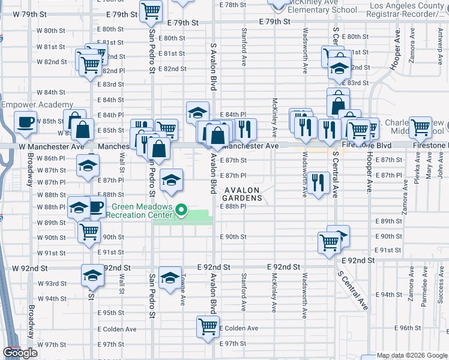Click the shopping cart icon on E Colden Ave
click(207, 328)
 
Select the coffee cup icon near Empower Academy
click(25, 122)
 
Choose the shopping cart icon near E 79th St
click(151, 10)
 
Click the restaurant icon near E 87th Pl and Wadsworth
click(318, 182)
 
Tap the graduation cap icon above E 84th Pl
click(197, 112)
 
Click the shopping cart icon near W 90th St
click(89, 230)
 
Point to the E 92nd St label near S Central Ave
click(358, 261)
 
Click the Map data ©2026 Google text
click(412, 355)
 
